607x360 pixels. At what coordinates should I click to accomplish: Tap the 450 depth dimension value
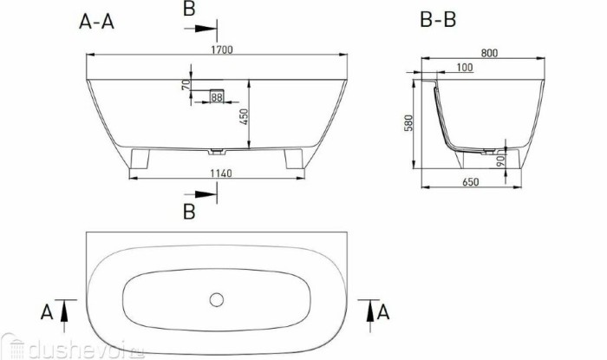tap(243, 116)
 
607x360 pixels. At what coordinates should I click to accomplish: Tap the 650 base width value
tap(472, 182)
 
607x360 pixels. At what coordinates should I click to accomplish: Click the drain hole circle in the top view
tap(216, 299)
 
